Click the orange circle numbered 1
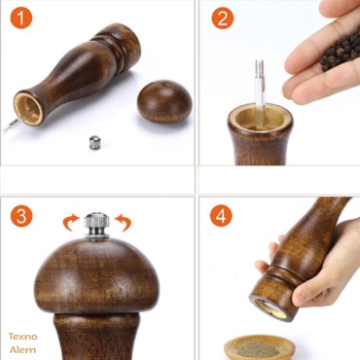(x=21, y=18)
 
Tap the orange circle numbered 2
(x=223, y=18)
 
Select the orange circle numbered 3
(x=21, y=216)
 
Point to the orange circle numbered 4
(x=221, y=216)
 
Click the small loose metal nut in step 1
(x=95, y=143)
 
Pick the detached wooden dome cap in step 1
(x=164, y=101)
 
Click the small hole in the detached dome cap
(x=165, y=85)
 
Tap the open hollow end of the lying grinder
(x=28, y=109)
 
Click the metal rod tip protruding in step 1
(x=12, y=125)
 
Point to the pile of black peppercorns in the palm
(x=341, y=52)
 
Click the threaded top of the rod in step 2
(x=260, y=69)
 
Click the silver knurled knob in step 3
(x=96, y=225)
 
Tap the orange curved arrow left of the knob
(x=70, y=222)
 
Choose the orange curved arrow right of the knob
(x=124, y=222)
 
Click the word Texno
(x=22, y=337)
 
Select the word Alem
(x=22, y=349)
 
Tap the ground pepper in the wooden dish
(x=259, y=349)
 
